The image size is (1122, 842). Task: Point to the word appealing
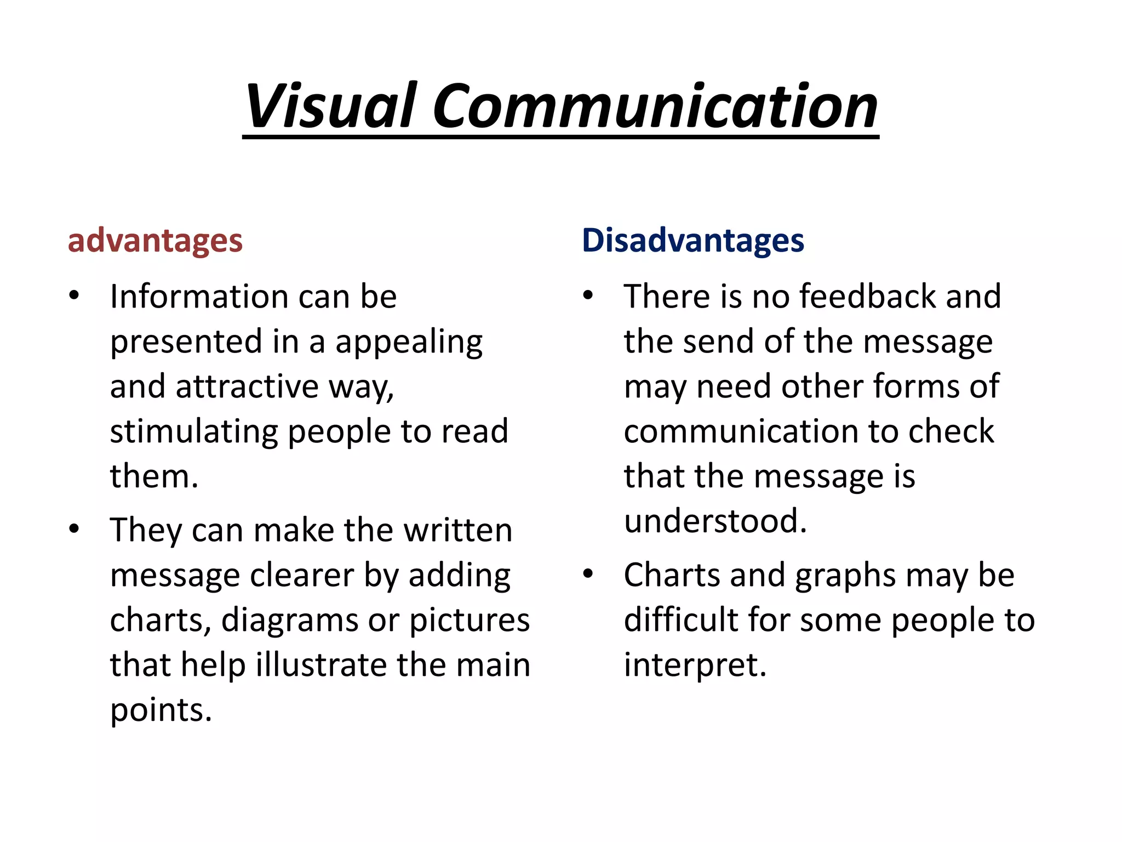coord(409,343)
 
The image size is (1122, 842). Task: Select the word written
coord(457,530)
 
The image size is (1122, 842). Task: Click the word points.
coord(161,710)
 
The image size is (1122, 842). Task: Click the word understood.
coord(715,521)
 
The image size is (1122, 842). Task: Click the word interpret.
coord(695,666)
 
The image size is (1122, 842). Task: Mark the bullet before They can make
coord(75,529)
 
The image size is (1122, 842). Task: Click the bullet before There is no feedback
coord(588,295)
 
